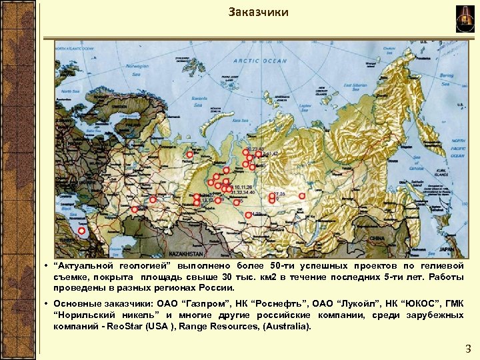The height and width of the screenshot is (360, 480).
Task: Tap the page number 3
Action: [467, 348]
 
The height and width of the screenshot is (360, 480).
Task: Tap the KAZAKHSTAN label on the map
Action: [185, 255]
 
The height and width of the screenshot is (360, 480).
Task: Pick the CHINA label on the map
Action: [378, 237]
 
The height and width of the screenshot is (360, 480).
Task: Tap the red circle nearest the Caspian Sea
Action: [81, 231]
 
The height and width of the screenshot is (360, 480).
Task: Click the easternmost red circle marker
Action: [302, 196]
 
